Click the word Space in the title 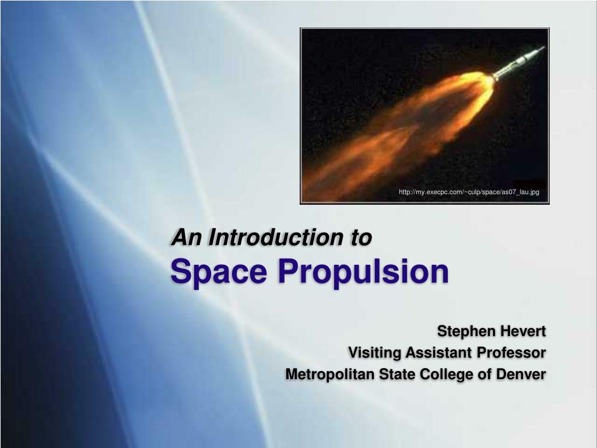click(219, 271)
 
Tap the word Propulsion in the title click(363, 271)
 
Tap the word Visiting click(374, 353)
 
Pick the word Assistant click(438, 352)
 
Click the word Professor click(511, 352)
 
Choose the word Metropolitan click(330, 374)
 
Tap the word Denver click(521, 374)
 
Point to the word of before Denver click(484, 374)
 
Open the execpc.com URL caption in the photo click(469, 192)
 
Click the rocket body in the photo click(518, 62)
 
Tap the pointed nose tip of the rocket click(545, 47)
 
